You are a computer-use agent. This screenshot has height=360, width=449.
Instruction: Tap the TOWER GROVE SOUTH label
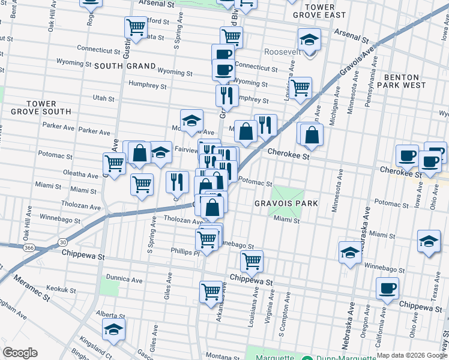41,107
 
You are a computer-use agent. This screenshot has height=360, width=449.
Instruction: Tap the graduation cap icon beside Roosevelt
309,40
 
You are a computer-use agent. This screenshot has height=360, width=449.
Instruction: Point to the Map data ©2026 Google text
412,355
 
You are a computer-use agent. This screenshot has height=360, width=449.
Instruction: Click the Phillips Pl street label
184,252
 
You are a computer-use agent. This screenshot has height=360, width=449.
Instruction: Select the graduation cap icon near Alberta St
113,329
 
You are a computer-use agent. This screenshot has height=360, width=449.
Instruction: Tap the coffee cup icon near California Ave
387,289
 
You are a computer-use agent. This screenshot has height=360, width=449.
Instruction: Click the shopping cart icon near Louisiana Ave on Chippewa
252,261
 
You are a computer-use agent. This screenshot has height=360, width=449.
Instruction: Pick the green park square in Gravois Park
288,195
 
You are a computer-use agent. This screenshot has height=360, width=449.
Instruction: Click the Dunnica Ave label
124,280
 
